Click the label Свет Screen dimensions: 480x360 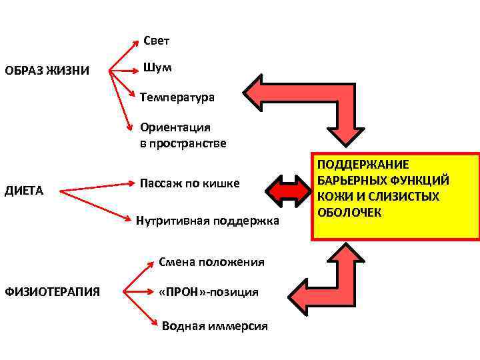(x=157, y=41)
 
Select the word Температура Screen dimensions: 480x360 (x=177, y=98)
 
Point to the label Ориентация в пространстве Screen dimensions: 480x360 (x=183, y=135)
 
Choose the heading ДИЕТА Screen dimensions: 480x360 (x=24, y=191)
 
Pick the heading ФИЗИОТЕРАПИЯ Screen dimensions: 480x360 (x=53, y=291)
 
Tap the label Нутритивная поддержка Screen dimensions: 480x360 (x=207, y=220)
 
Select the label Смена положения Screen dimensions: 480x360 (x=211, y=262)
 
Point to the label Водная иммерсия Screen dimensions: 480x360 (x=215, y=326)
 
